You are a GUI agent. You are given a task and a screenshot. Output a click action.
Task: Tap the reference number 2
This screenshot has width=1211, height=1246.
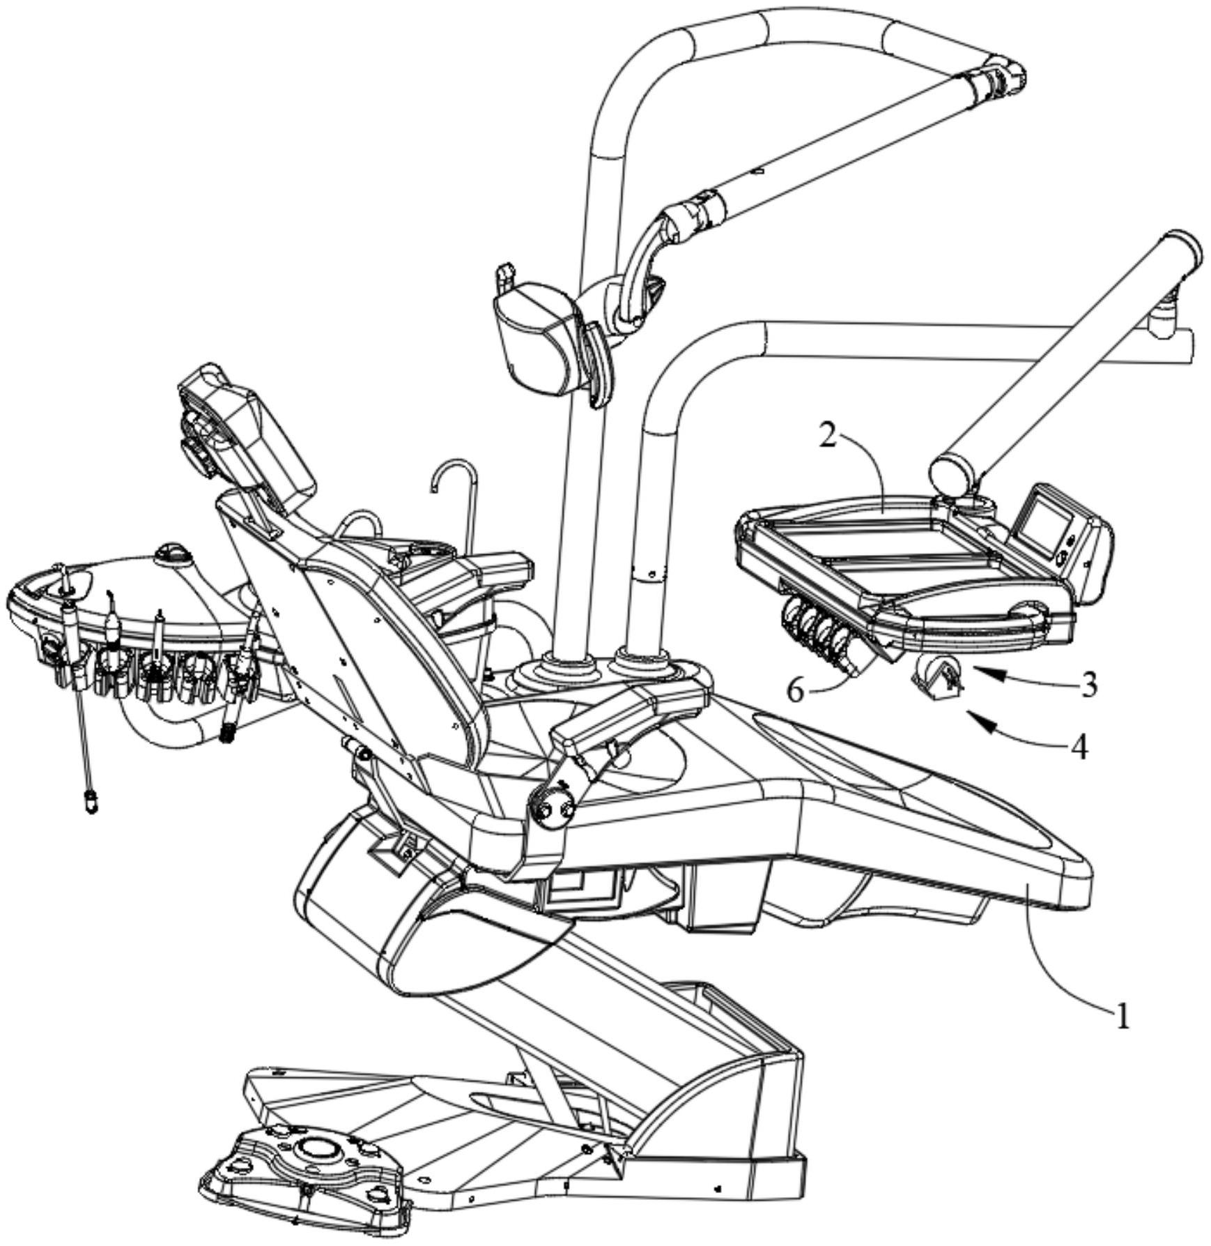coord(827,437)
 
